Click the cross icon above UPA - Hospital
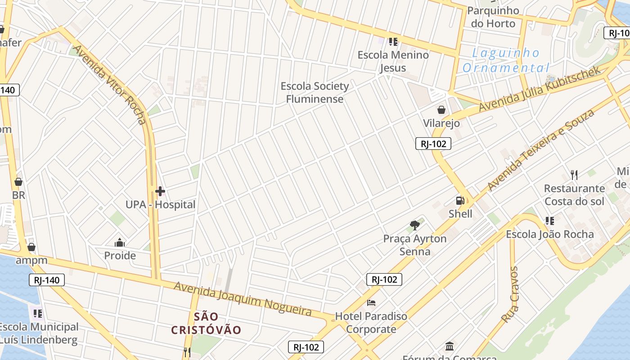point(160,192)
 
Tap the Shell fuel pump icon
point(460,201)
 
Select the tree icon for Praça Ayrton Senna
point(415,225)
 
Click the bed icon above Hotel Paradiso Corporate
point(371,302)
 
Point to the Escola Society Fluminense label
point(315,92)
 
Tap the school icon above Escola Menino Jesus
point(393,42)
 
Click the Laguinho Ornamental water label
point(506,60)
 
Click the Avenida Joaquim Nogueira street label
point(243,298)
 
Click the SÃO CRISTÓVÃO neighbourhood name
point(206,323)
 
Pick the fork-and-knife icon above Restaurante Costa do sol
point(574,175)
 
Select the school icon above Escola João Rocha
point(549,221)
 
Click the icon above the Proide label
point(120,243)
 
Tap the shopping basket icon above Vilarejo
point(441,110)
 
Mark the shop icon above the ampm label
point(31,247)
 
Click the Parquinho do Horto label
point(493,17)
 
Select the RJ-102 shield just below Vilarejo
point(433,144)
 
